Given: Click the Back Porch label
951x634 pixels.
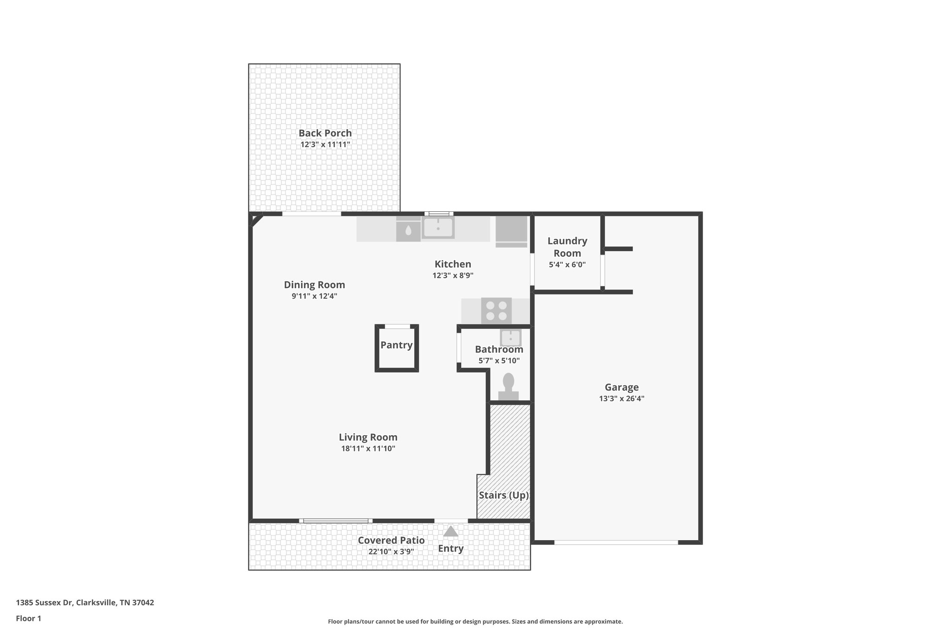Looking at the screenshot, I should click(x=325, y=133).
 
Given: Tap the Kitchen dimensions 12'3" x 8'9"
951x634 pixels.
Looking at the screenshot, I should click(x=453, y=275).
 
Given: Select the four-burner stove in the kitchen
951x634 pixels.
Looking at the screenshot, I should click(x=496, y=311).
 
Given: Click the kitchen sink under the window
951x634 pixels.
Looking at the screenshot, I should click(x=438, y=228).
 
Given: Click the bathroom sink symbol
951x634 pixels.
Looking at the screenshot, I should click(x=510, y=338).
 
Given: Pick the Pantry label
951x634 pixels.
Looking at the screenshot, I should click(x=397, y=345).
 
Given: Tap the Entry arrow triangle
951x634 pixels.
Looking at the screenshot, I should click(x=450, y=531).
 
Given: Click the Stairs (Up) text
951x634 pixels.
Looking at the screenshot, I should click(x=504, y=495).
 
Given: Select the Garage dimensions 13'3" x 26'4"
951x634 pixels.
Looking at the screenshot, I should click(x=621, y=399).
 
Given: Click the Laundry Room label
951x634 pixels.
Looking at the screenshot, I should click(x=567, y=247).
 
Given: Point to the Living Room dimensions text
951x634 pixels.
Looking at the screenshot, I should click(x=368, y=449).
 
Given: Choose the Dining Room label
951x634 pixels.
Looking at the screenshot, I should click(x=314, y=285).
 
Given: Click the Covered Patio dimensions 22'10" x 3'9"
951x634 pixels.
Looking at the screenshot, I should click(x=391, y=552).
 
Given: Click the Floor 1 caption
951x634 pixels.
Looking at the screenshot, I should click(x=29, y=619).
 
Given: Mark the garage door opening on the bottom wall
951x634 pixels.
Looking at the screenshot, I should click(x=616, y=542).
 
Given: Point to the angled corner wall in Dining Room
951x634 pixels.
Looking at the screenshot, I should click(x=256, y=220).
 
